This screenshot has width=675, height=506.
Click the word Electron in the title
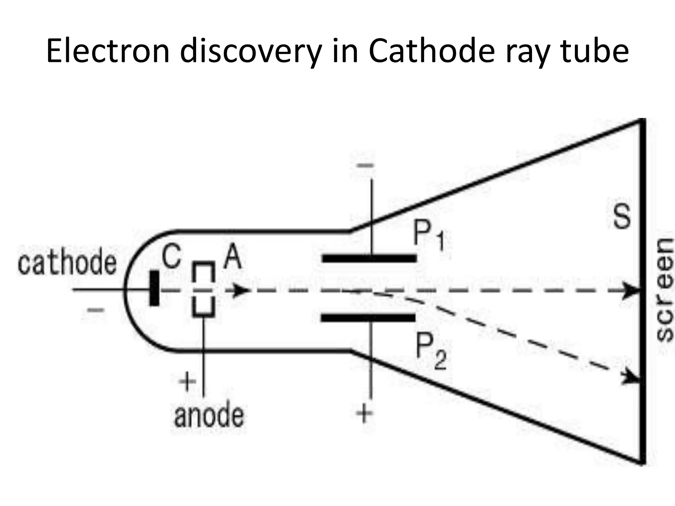108,52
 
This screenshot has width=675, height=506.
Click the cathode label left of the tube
67,263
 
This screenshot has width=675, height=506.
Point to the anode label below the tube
209,416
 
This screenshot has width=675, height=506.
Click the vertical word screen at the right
663,290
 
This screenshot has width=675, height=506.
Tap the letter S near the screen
622,217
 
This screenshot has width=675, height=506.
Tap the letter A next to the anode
232,258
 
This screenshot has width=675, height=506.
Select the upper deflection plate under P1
369,258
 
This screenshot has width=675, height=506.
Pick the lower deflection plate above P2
368,318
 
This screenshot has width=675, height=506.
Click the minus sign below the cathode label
96,310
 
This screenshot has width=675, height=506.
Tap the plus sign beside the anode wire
187,383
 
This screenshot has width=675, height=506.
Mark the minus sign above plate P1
366,166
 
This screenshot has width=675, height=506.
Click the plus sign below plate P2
364,413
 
